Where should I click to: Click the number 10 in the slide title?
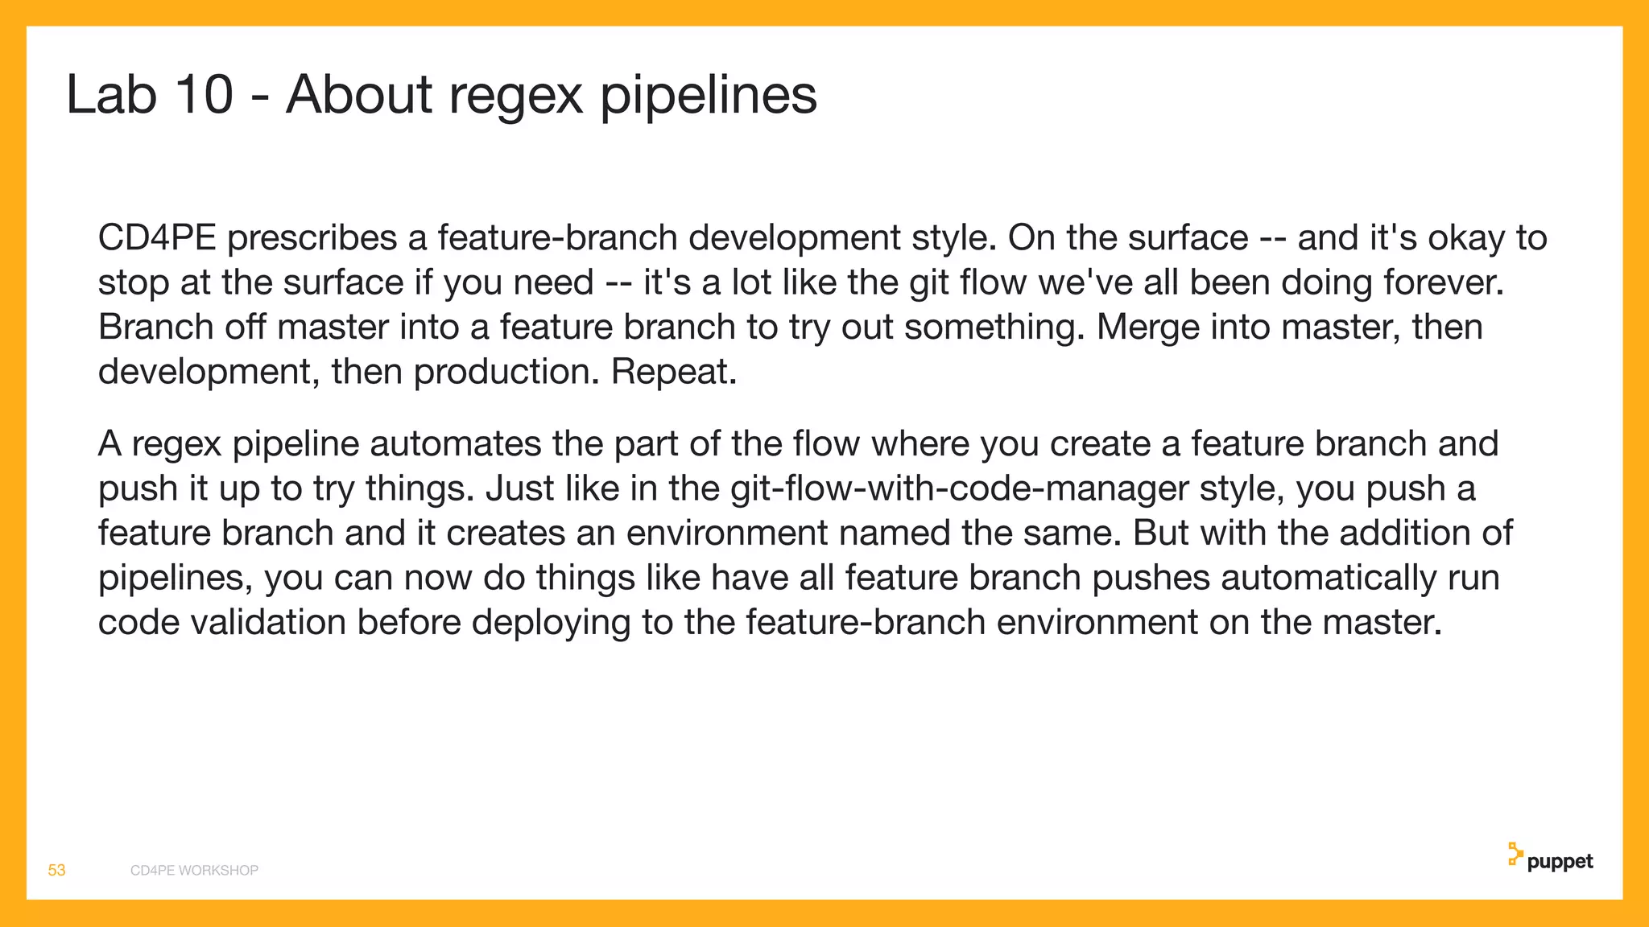pyautogui.click(x=205, y=95)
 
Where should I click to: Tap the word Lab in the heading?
pyautogui.click(x=110, y=95)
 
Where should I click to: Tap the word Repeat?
pyautogui.click(x=674, y=372)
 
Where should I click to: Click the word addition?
pyautogui.click(x=1395, y=534)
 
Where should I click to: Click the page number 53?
pyautogui.click(x=56, y=871)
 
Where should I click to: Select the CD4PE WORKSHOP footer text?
pyautogui.click(x=194, y=871)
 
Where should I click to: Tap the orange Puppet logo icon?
pyautogui.click(x=1515, y=855)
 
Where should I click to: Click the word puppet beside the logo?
pyautogui.click(x=1560, y=863)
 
